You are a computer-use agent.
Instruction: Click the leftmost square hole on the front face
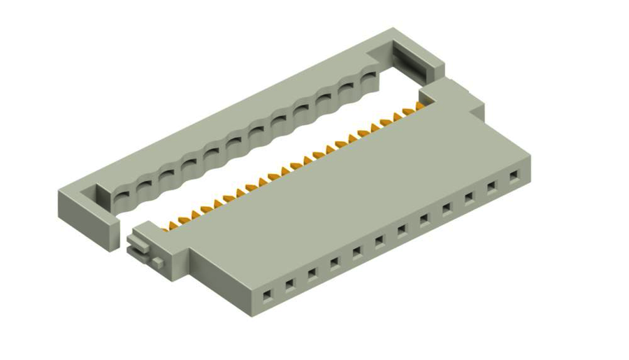tap(266, 296)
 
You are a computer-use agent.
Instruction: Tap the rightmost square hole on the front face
tap(514, 175)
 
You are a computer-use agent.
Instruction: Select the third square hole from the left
tap(312, 273)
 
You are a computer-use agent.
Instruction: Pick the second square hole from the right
tap(492, 185)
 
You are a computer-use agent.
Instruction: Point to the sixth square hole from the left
tap(379, 240)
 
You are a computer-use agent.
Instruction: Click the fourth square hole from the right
tap(447, 208)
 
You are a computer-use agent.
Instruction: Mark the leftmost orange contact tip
tap(166, 226)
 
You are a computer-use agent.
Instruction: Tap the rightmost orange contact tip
tap(420, 106)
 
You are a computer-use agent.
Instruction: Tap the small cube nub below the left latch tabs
tap(159, 261)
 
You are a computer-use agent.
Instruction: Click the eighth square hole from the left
tap(424, 219)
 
